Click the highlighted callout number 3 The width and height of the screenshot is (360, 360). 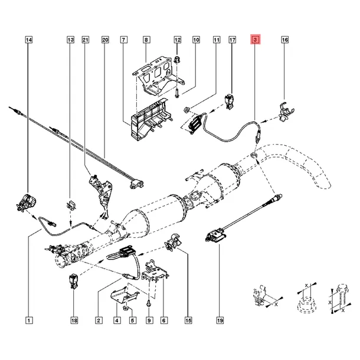click(x=255, y=40)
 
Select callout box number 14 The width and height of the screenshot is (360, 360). click(x=30, y=40)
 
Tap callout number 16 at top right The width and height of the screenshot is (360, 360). click(x=284, y=40)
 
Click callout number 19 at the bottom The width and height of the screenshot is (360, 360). click(x=219, y=321)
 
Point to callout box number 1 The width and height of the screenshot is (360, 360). click(x=30, y=321)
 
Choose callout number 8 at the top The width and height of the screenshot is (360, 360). click(x=146, y=40)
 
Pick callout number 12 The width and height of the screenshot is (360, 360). click(x=176, y=40)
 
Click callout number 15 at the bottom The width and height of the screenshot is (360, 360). click(x=188, y=321)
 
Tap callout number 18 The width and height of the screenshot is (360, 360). click(x=74, y=321)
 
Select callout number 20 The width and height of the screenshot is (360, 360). click(x=105, y=40)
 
